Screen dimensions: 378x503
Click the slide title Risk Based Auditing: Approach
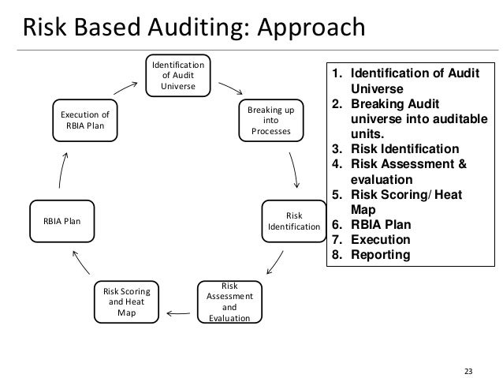[193, 28]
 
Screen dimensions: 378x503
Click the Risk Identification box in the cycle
[293, 221]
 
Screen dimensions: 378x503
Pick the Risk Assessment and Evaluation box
[229, 303]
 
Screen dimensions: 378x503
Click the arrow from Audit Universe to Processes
[230, 88]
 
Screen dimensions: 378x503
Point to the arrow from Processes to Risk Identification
[294, 168]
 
